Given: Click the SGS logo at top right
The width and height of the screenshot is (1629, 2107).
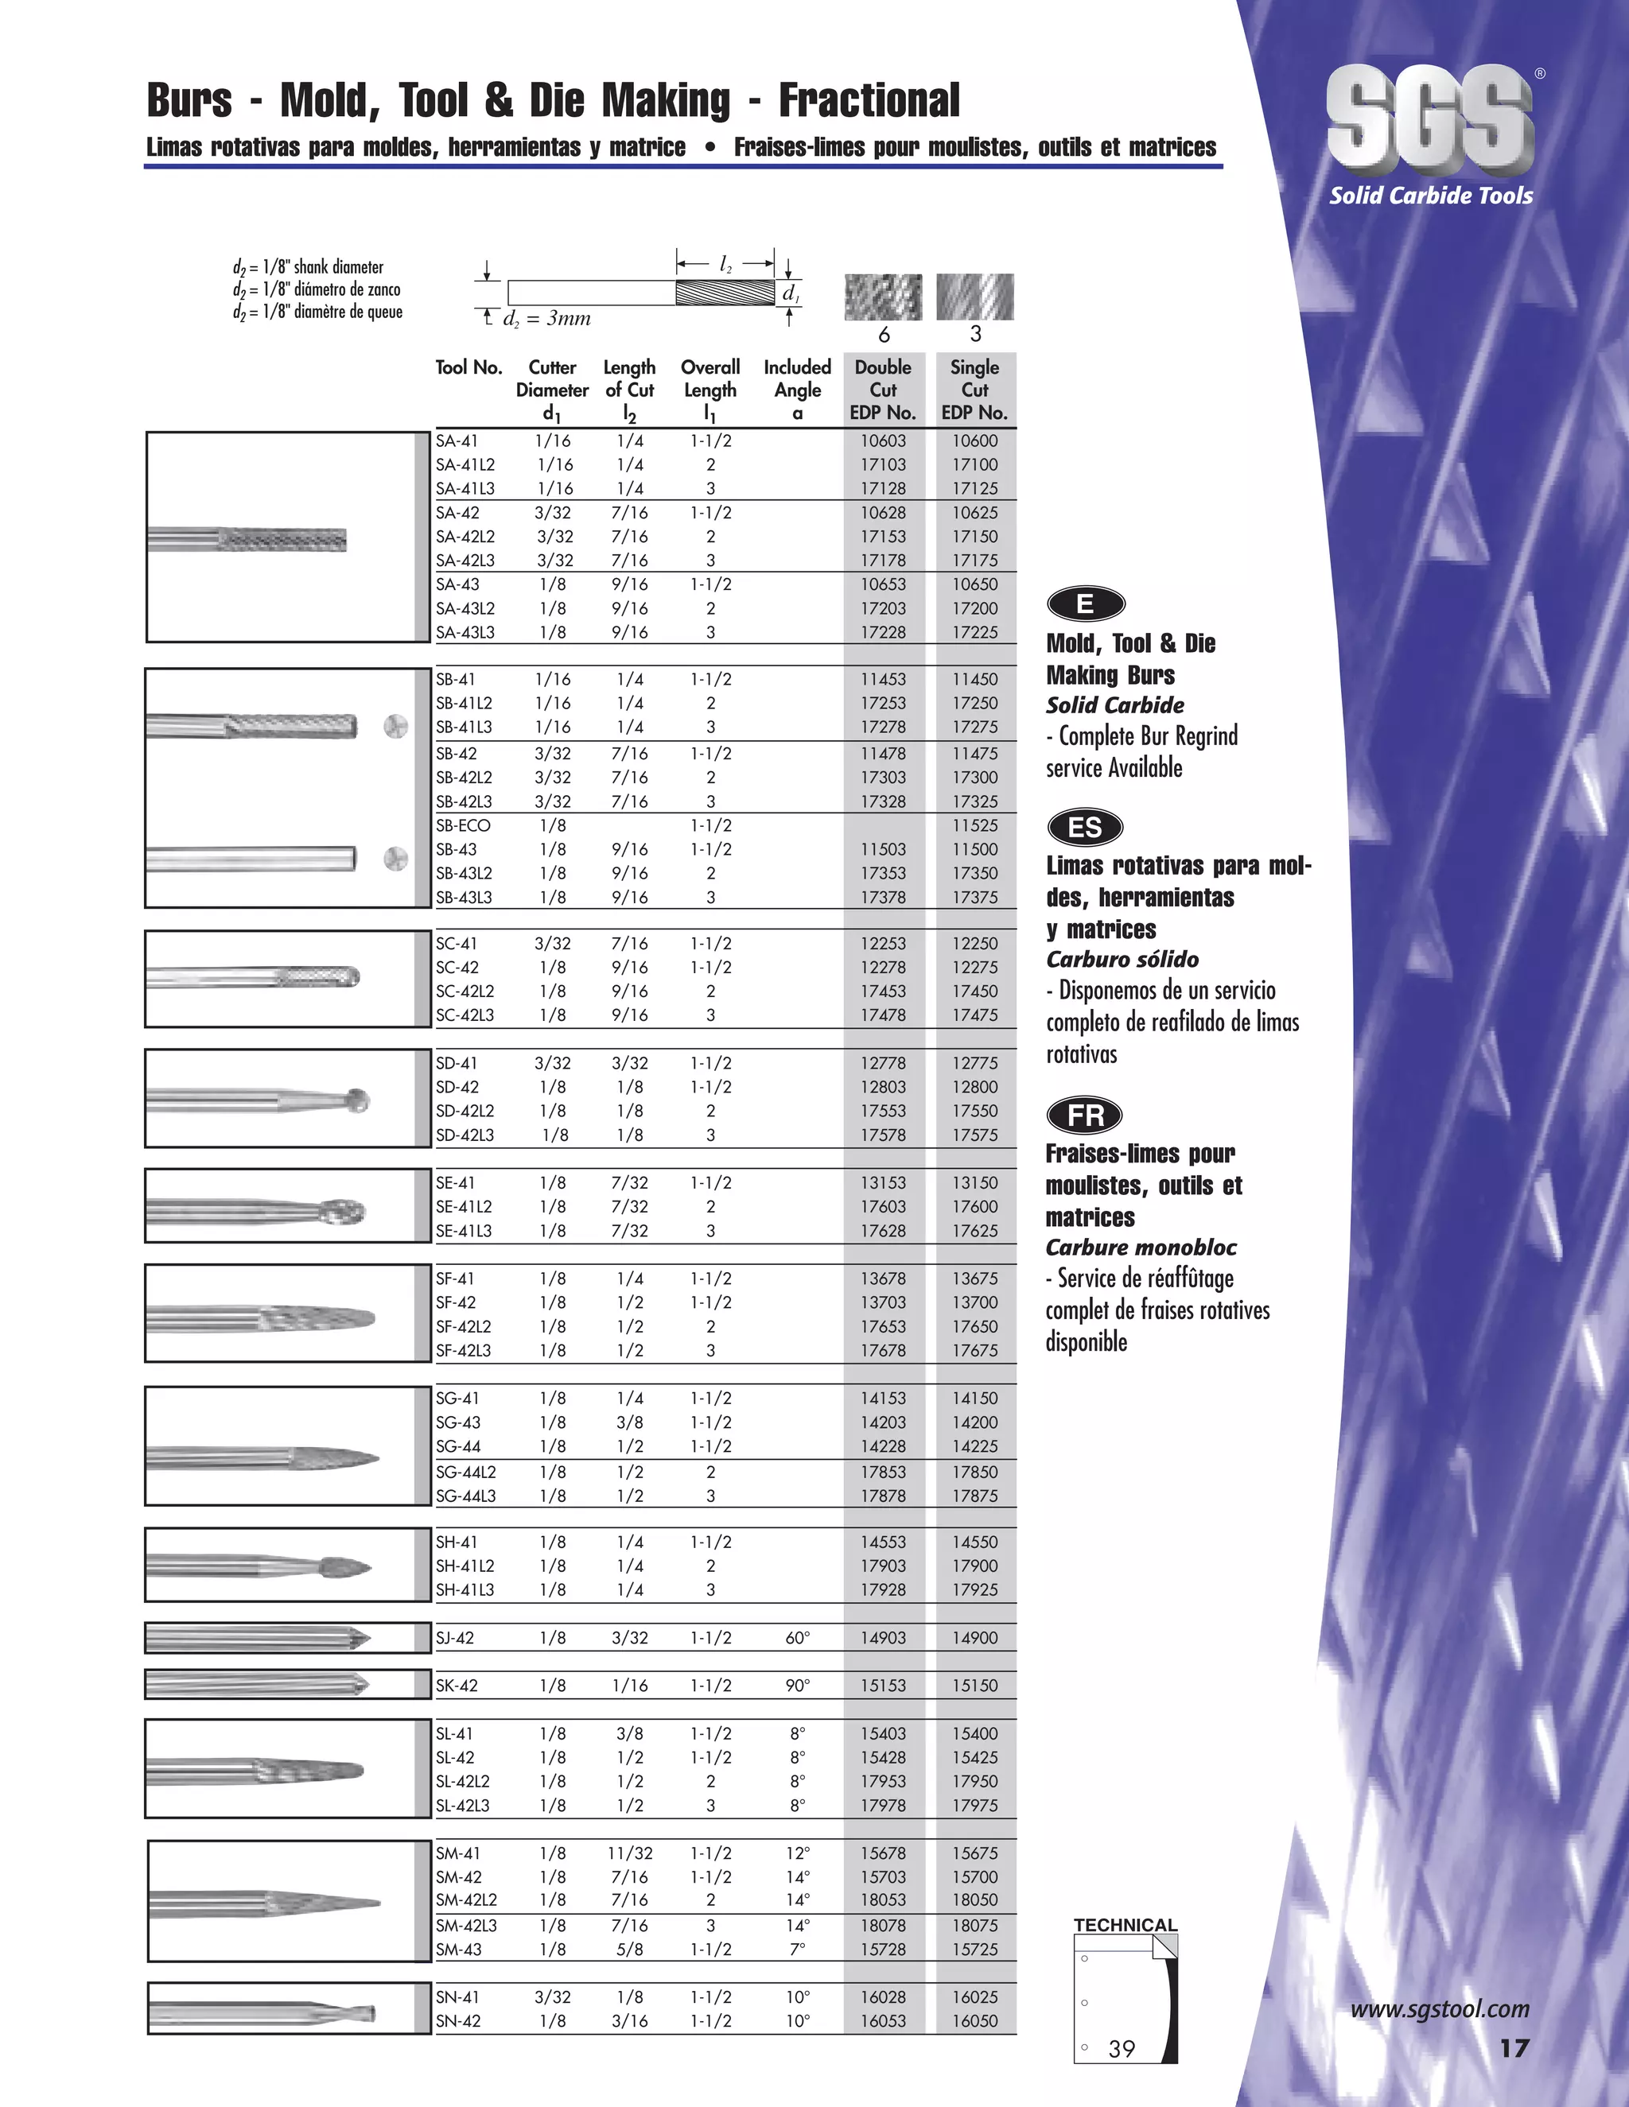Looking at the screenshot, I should [x=1429, y=119].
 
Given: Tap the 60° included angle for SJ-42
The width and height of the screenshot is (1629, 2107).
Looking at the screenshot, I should [x=797, y=1637].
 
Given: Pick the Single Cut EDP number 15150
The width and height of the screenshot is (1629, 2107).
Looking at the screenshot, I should [x=974, y=1686].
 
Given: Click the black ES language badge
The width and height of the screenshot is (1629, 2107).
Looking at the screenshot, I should [x=1085, y=828].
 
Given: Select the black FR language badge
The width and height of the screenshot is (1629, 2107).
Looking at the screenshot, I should [x=1085, y=1116].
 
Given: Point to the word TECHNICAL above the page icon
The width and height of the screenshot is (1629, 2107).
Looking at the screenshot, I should [x=1126, y=1926].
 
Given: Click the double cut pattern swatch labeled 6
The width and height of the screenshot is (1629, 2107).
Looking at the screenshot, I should [x=883, y=297].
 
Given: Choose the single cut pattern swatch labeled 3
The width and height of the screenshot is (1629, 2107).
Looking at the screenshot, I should [x=974, y=297].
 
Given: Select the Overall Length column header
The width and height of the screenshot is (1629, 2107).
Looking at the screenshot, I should [x=710, y=390].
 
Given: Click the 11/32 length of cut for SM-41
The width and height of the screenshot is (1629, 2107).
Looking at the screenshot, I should [x=630, y=1853].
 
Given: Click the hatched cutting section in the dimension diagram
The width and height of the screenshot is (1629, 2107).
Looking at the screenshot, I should [x=725, y=293].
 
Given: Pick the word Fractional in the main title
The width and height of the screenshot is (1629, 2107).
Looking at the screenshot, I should [x=869, y=100].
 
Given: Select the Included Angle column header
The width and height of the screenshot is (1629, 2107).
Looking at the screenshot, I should [x=797, y=390].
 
